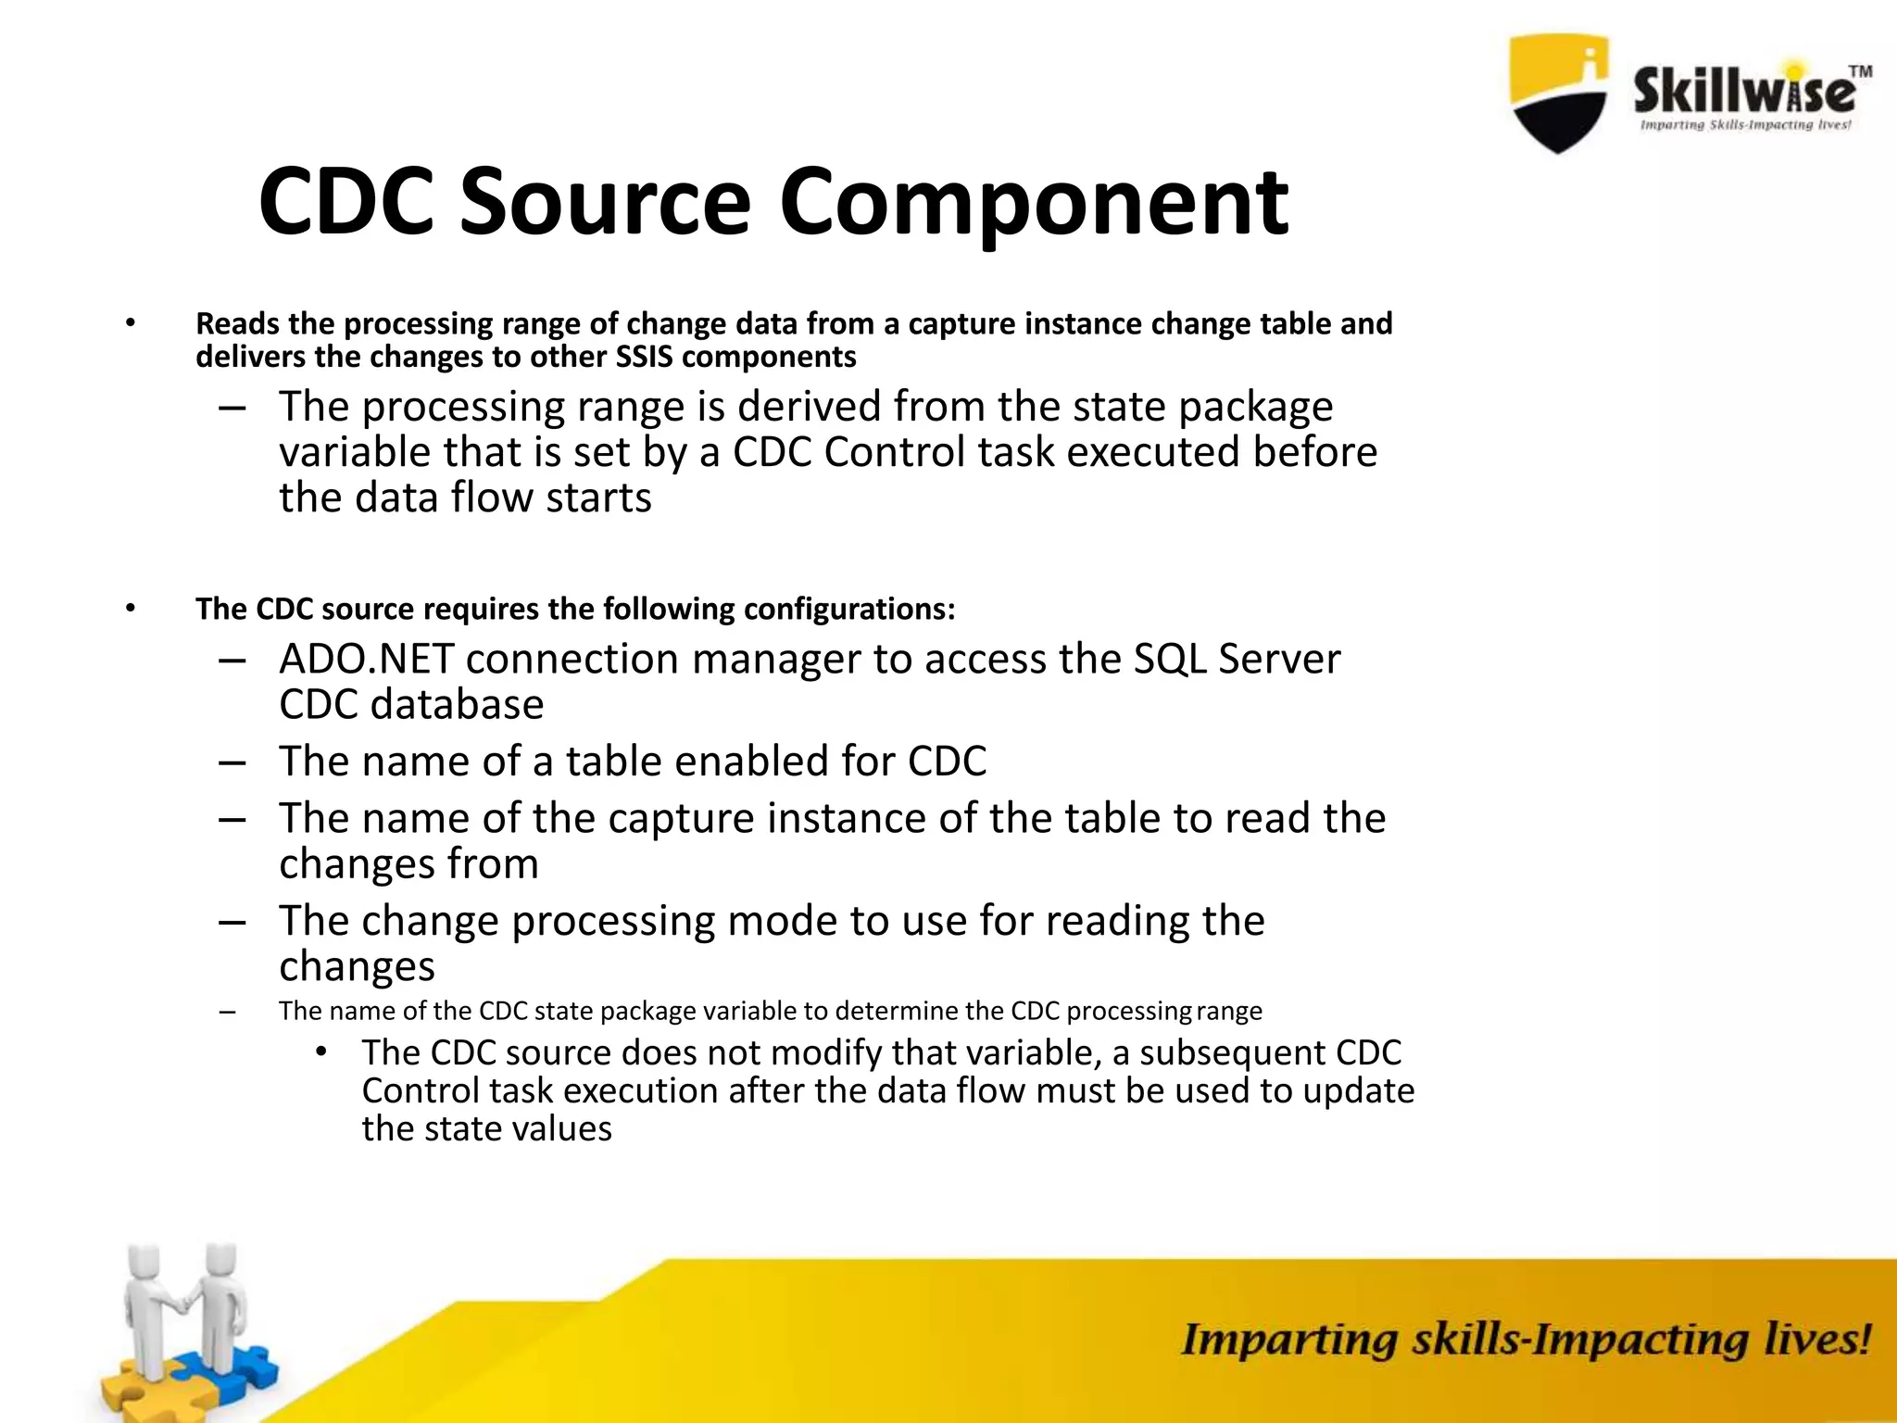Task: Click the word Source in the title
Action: pyautogui.click(x=605, y=201)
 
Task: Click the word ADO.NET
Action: pyautogui.click(x=366, y=659)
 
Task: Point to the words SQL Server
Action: pyautogui.click(x=1237, y=659)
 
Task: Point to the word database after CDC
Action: pyautogui.click(x=457, y=705)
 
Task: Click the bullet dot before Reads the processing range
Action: pyautogui.click(x=131, y=323)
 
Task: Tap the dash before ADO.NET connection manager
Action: pyautogui.click(x=232, y=660)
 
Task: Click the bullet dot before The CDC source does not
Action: pyautogui.click(x=320, y=1052)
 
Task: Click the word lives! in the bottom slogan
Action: pyautogui.click(x=1816, y=1341)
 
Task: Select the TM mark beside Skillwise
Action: pyautogui.click(x=1860, y=72)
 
